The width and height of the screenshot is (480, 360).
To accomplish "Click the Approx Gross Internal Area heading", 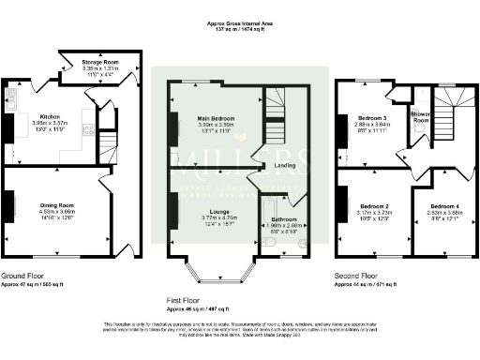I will [x=239, y=22].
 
